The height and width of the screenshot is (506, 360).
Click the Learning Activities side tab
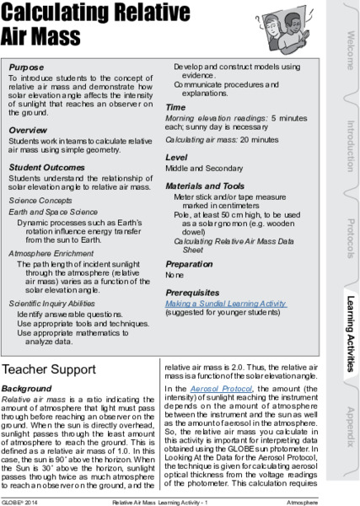347,331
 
